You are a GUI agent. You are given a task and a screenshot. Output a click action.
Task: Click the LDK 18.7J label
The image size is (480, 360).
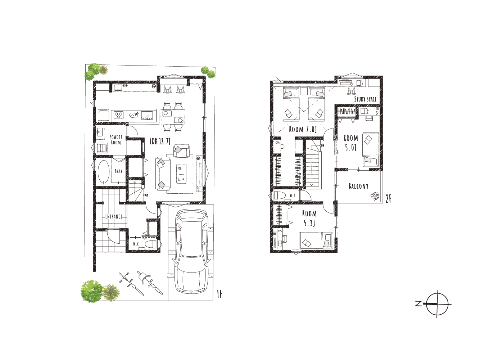point(160,142)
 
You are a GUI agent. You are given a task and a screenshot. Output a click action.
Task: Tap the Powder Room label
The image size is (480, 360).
point(116,140)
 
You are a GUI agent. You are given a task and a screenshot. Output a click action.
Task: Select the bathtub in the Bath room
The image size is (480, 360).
point(103,172)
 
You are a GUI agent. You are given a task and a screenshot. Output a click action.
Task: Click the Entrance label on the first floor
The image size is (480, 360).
point(114,216)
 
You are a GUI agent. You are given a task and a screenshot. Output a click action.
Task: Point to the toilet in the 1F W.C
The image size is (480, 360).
point(151,244)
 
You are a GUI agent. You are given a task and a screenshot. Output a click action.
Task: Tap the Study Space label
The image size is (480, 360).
point(366,99)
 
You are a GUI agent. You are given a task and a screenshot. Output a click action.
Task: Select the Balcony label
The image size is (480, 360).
point(358,186)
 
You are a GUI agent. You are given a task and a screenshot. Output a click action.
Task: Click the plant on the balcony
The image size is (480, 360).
point(375,196)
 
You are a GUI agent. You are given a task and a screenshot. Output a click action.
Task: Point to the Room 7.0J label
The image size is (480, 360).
point(303,129)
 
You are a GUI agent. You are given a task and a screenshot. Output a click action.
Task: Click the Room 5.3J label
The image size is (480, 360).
point(309,218)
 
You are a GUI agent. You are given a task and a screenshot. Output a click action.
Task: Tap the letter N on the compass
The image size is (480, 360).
point(418,304)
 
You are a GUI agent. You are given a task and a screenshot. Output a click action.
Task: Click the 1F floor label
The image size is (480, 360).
point(219,294)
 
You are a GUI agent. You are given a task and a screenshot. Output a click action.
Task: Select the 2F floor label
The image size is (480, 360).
point(388,199)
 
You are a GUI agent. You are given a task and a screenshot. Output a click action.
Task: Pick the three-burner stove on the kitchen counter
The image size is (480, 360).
point(119,115)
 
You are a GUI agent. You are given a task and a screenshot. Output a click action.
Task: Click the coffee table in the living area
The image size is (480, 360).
point(181,174)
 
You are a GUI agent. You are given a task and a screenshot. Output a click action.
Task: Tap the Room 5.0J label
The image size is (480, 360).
point(351,143)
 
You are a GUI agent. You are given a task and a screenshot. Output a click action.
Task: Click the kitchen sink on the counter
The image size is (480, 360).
point(147,116)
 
